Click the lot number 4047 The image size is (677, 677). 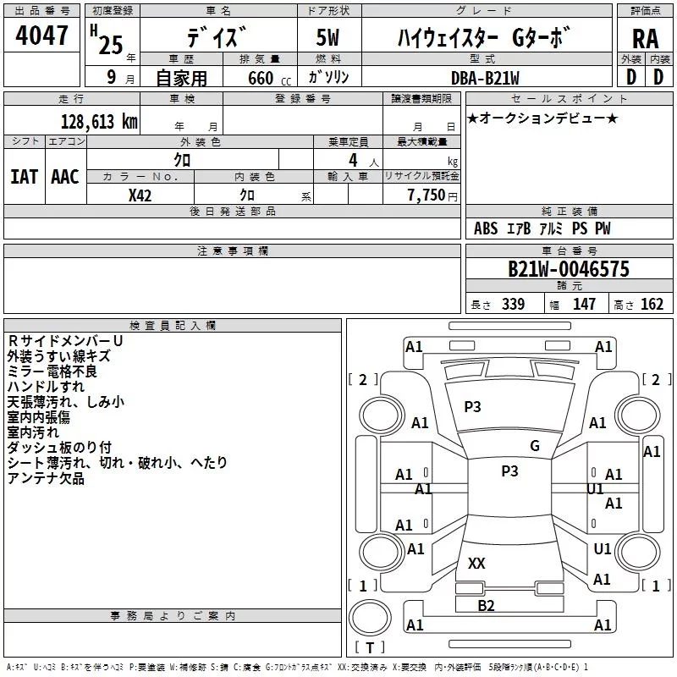point(41,36)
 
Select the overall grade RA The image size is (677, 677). point(645,39)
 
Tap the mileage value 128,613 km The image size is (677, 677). point(99,122)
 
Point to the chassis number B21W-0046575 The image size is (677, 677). point(569,269)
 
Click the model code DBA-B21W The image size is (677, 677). point(485,78)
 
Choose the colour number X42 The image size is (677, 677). point(140,195)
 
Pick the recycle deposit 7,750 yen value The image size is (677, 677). point(432,195)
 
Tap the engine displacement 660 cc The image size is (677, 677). point(269,79)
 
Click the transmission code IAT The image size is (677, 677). point(24,177)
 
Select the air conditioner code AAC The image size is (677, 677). point(65,177)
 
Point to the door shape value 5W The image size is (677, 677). point(327,37)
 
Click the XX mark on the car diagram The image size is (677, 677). point(476,563)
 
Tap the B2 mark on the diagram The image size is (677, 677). point(486,605)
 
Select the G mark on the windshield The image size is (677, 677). point(535,445)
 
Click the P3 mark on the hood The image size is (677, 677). point(472,406)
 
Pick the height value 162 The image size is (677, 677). point(652,304)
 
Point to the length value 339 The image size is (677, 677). point(513,304)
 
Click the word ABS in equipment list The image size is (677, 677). point(486,228)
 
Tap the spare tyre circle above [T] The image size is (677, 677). point(370,618)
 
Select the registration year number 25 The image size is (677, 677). point(111,45)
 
